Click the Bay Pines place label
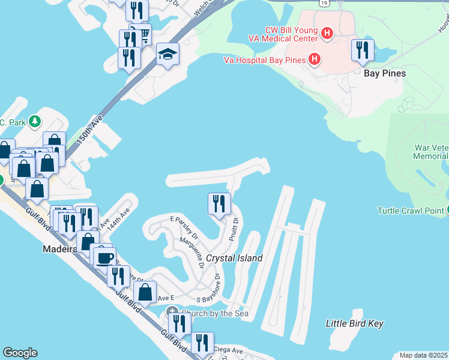[385, 73]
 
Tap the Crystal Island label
[234, 258]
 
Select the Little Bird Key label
[354, 323]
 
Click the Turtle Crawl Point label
[410, 211]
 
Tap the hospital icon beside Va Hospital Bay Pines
[313, 59]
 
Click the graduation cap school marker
[167, 54]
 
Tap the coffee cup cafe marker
[105, 257]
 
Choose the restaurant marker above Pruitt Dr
[219, 203]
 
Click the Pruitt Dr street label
[234, 230]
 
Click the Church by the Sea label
[208, 313]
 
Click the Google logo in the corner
[20, 353]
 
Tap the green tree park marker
[35, 121]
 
